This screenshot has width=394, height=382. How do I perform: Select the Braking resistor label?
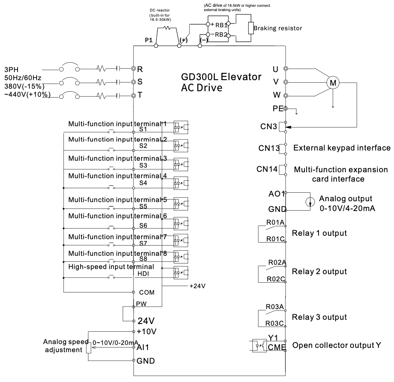(x=278, y=28)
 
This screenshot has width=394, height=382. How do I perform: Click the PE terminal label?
(x=277, y=109)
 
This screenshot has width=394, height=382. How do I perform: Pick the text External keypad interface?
(x=342, y=148)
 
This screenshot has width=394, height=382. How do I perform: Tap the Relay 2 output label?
(x=319, y=272)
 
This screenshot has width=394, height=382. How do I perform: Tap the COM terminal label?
(x=146, y=293)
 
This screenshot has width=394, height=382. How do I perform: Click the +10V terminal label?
(x=146, y=331)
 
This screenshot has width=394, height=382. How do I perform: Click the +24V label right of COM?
(x=197, y=286)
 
